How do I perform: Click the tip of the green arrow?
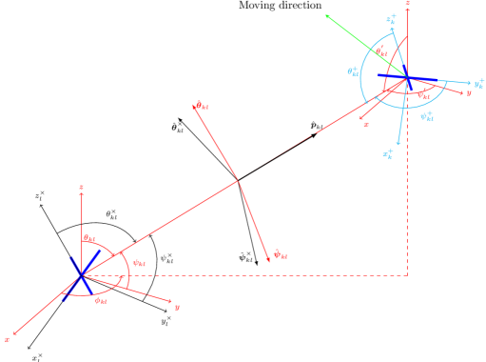click(x=326, y=15)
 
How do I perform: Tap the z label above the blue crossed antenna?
click(x=83, y=187)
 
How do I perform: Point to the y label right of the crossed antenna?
click(x=177, y=307)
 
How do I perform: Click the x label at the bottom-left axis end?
click(x=8, y=338)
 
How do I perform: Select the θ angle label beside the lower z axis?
click(x=89, y=238)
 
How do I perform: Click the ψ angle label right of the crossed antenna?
click(x=139, y=262)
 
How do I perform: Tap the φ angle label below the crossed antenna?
click(x=101, y=301)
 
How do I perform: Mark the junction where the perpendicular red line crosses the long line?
click(x=238, y=179)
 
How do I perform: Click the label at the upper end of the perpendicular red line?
click(x=199, y=106)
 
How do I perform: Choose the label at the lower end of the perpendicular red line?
click(x=279, y=253)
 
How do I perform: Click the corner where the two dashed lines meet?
click(x=407, y=275)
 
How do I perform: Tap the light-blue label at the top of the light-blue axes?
click(x=390, y=18)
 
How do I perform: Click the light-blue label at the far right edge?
click(x=478, y=84)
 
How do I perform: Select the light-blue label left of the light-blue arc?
click(x=353, y=71)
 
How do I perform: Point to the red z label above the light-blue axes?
click(x=407, y=4)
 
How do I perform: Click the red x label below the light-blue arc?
click(x=366, y=124)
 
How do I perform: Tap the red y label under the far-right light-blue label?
click(x=468, y=93)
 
